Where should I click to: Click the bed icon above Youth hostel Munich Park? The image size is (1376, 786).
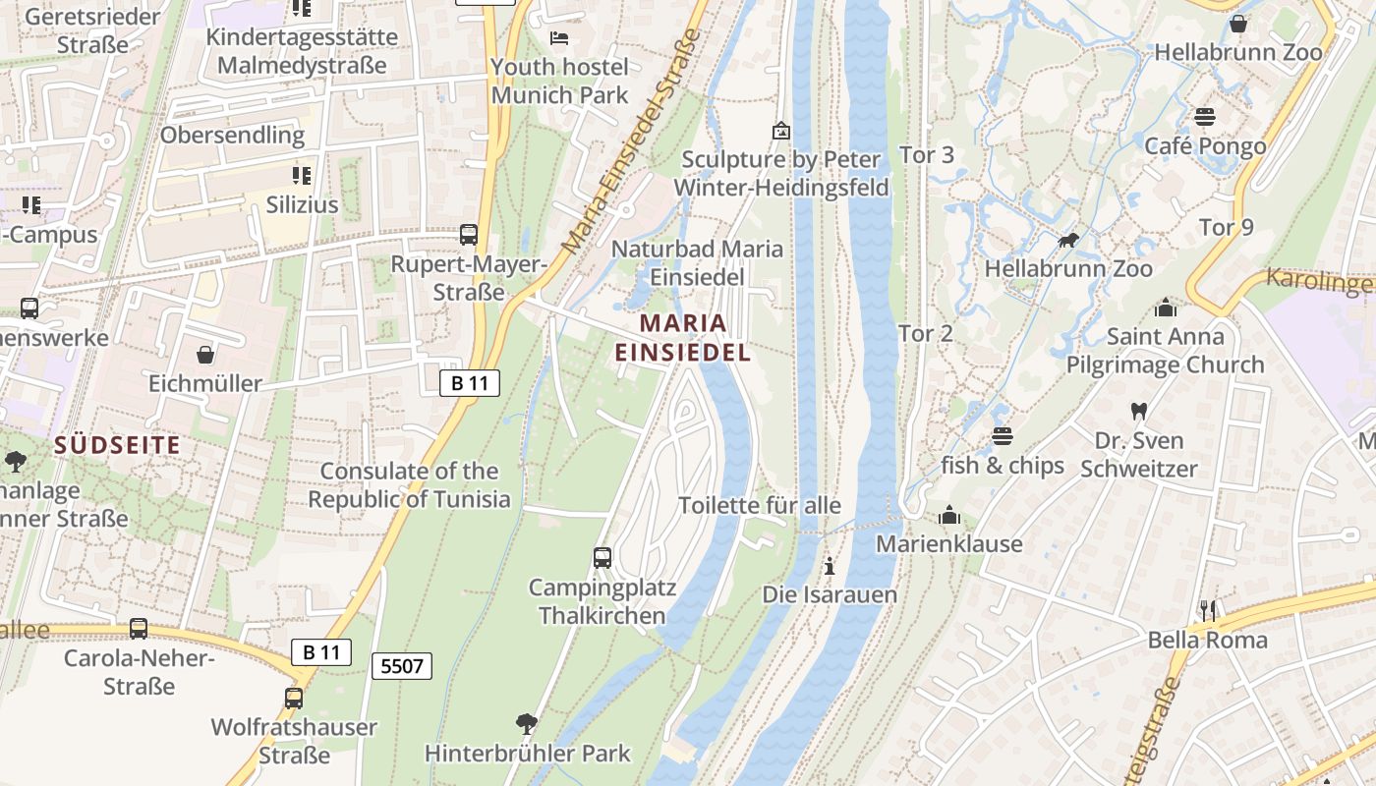pos(559,38)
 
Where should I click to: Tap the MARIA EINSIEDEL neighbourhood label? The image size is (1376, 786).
pos(683,337)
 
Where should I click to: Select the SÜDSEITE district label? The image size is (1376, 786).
pos(118,445)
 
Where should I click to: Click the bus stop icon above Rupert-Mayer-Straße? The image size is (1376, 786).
pos(469,235)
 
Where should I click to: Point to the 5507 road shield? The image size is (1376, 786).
pos(403,666)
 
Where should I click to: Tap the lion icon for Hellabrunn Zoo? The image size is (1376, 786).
pos(1068,240)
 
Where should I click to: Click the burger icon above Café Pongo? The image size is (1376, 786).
pos(1205,117)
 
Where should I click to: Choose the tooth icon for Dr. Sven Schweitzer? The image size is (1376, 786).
pos(1139,411)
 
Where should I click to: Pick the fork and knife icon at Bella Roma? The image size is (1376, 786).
pos(1208,611)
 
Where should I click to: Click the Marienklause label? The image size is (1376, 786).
pos(949,543)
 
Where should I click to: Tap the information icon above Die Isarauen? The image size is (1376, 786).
pos(830,566)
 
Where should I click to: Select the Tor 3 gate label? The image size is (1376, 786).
pos(927,154)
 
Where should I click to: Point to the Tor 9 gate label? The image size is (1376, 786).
pos(1227,227)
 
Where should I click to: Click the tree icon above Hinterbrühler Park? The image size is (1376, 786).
pos(527,725)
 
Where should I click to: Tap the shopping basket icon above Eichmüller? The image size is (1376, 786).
pos(205,354)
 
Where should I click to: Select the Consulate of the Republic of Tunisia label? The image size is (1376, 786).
pos(410,485)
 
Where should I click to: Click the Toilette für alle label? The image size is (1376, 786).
pos(760,505)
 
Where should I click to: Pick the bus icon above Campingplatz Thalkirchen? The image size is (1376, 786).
pos(602,558)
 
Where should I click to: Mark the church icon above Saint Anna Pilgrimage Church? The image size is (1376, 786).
pos(1166,308)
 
